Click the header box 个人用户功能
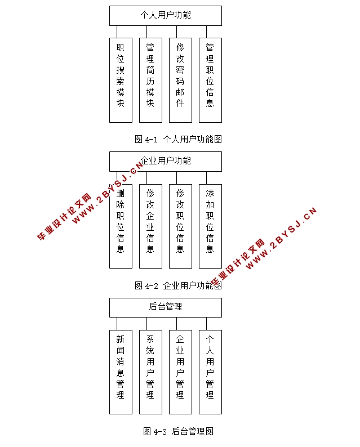pos(165,15)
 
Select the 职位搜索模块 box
pos(120,80)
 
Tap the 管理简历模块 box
pos(150,80)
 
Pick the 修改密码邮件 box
pos(180,80)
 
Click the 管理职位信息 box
pos(210,80)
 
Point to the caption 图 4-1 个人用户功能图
pos(178,139)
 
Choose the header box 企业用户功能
pos(165,161)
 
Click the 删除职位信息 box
pos(120,226)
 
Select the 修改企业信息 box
pos(150,226)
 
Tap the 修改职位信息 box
pos(180,226)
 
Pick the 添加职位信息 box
pos(210,226)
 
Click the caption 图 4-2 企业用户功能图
pos(178,285)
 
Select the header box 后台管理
pos(165,307)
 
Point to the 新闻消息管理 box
pos(120,372)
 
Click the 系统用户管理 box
pos(150,372)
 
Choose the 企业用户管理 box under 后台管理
pos(180,372)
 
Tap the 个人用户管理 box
pos(210,372)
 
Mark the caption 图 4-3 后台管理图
pos(178,432)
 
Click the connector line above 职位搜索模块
pos(117,32)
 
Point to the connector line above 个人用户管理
pos(207,324)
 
